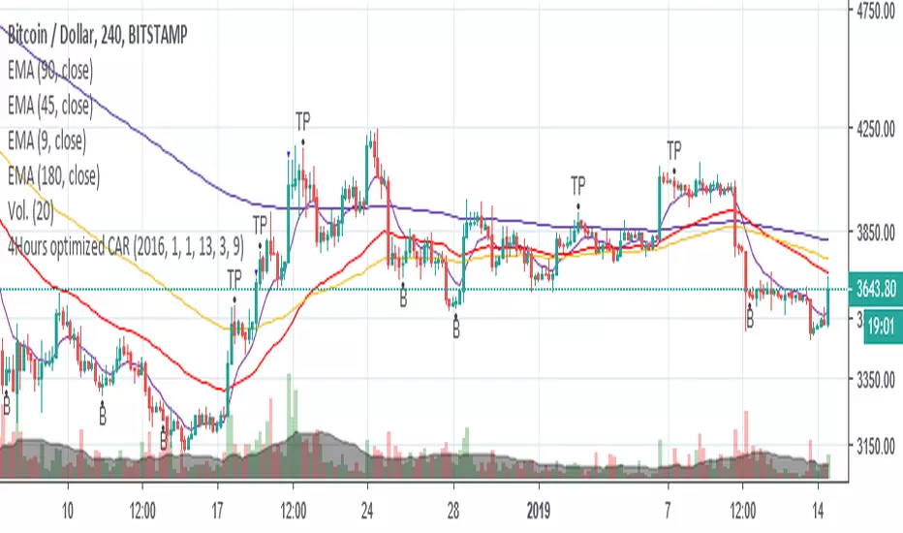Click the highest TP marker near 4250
click(303, 121)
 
